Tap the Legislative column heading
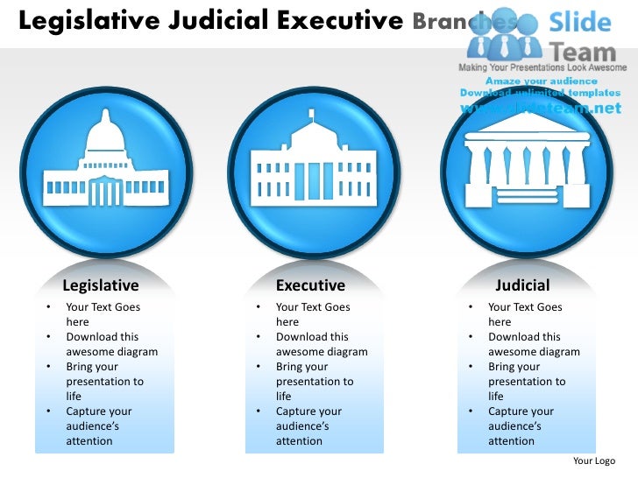[x=101, y=285]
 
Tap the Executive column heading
[x=310, y=285]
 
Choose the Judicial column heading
[x=522, y=285]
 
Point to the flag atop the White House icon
[x=310, y=114]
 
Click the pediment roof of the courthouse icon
[x=527, y=125]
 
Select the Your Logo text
[x=593, y=460]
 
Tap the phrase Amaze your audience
[x=540, y=81]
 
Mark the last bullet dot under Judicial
[x=471, y=411]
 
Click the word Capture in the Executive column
[x=297, y=411]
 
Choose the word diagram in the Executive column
[x=346, y=352]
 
